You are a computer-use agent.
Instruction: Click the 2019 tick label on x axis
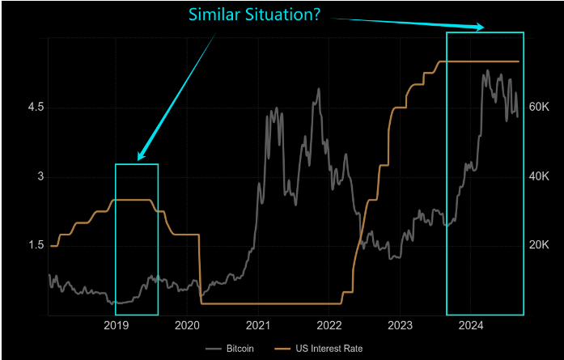click(117, 325)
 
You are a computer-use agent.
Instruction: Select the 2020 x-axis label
click(187, 325)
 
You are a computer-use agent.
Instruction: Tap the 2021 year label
click(258, 325)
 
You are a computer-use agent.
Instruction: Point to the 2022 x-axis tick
click(329, 325)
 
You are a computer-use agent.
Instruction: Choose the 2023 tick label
click(400, 325)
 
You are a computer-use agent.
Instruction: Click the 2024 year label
click(471, 325)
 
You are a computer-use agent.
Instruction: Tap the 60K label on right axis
click(539, 108)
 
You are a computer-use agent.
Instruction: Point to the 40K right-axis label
click(539, 176)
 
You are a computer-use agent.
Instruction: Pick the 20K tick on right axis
click(539, 245)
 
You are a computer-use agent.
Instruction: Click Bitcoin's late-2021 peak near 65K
click(318, 89)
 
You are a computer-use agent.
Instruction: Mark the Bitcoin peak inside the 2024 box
click(486, 71)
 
